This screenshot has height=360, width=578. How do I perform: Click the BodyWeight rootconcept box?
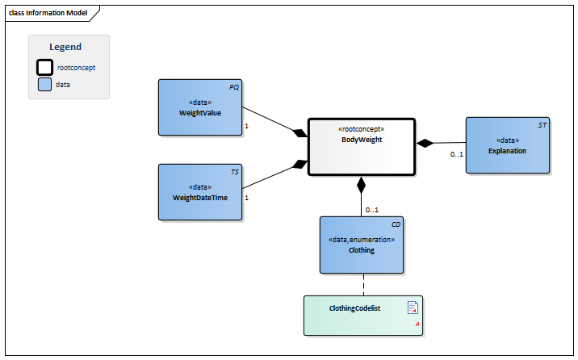(361, 146)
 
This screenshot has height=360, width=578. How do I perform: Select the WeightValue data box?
(199, 107)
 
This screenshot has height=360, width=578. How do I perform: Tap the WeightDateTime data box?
(199, 192)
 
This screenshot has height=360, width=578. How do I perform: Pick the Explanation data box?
(507, 145)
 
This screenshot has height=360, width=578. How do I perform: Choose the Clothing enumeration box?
(361, 245)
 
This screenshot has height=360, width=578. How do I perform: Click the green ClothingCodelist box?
(362, 316)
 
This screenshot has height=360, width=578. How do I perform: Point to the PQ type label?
(234, 86)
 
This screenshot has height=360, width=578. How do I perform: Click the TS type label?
(234, 171)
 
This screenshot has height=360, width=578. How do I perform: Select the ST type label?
(542, 125)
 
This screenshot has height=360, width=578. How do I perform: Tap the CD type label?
(396, 224)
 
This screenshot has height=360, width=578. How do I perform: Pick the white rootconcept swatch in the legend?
(45, 67)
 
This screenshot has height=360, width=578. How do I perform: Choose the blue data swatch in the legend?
(45, 83)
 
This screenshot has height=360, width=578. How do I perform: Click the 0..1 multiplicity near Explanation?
(456, 153)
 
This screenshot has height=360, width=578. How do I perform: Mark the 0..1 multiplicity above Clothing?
(372, 209)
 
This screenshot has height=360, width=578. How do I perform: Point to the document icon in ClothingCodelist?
(412, 307)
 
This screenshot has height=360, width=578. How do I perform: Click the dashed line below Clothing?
(362, 285)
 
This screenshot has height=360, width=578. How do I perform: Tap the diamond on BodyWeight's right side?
(425, 143)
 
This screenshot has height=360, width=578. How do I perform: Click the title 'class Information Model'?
(48, 13)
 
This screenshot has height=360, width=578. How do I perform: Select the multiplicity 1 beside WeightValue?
(246, 127)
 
